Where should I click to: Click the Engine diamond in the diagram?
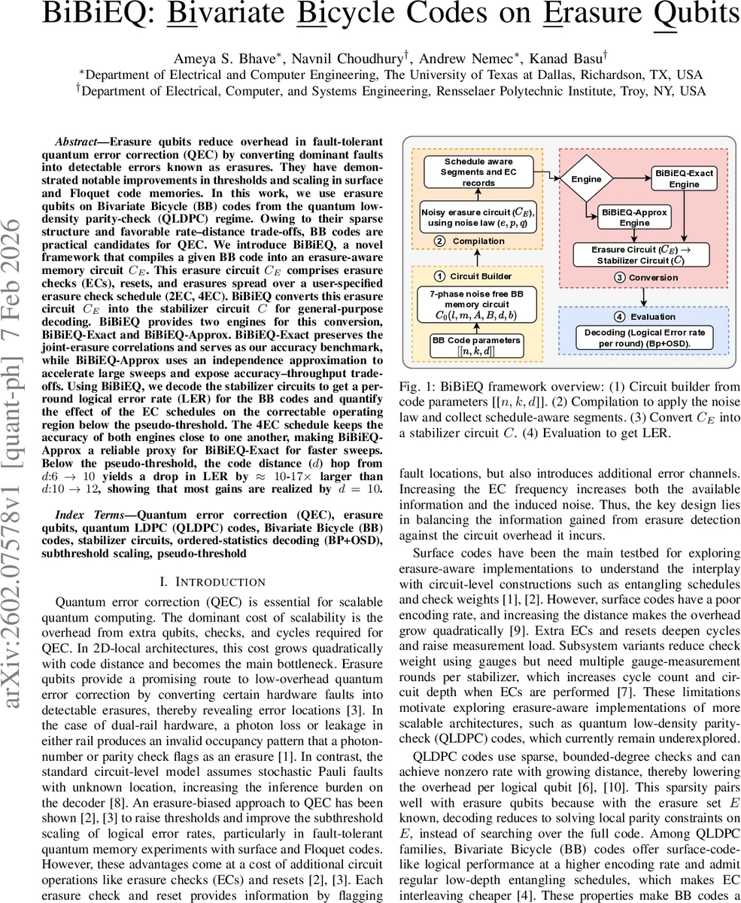tap(586, 179)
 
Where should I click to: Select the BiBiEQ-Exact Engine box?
tap(685, 179)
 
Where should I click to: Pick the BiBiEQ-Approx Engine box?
tap(633, 217)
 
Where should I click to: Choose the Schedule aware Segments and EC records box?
tap(478, 172)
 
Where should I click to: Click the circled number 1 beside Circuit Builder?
tap(441, 277)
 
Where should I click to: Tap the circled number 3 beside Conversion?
tap(620, 278)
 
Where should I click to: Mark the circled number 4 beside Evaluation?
tap(620, 317)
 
